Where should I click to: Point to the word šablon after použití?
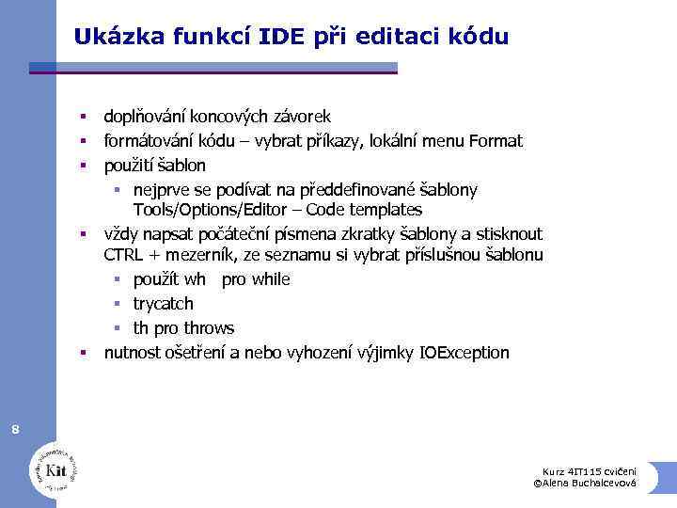[x=181, y=166]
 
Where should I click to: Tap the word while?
[x=270, y=279]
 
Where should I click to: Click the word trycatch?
[x=163, y=304]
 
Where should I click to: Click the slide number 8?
[x=15, y=430]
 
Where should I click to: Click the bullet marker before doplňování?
[x=83, y=118]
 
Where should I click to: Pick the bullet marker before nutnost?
[x=83, y=354]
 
